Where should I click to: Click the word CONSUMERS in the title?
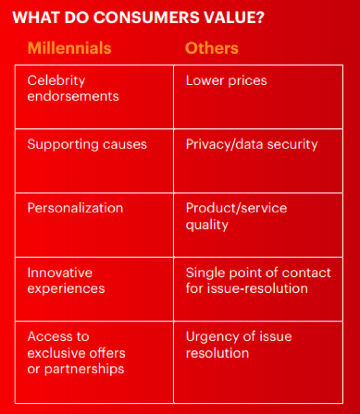146,17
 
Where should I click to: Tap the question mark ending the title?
260,17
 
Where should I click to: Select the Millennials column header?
69,48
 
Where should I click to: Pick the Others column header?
212,48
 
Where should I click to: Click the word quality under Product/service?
207,225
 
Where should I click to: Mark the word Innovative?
60,273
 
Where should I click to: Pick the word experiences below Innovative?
66,289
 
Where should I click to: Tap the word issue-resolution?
258,288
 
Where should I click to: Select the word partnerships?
84,369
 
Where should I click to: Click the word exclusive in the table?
56,353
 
